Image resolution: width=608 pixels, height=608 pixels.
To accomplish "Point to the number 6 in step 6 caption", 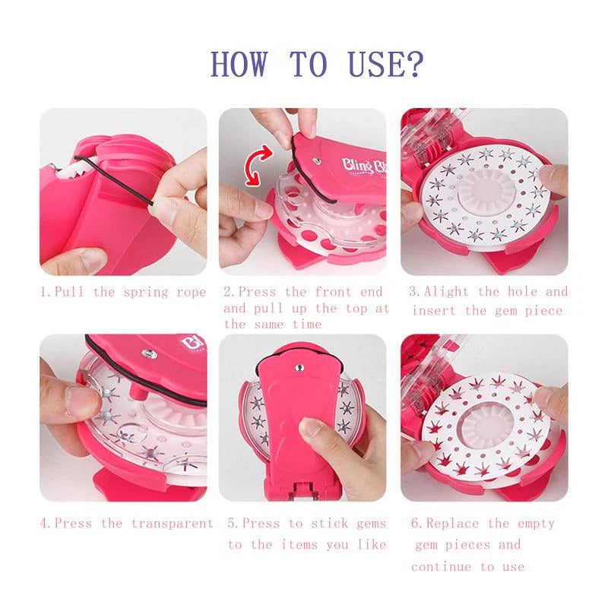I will tap(414, 523).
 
